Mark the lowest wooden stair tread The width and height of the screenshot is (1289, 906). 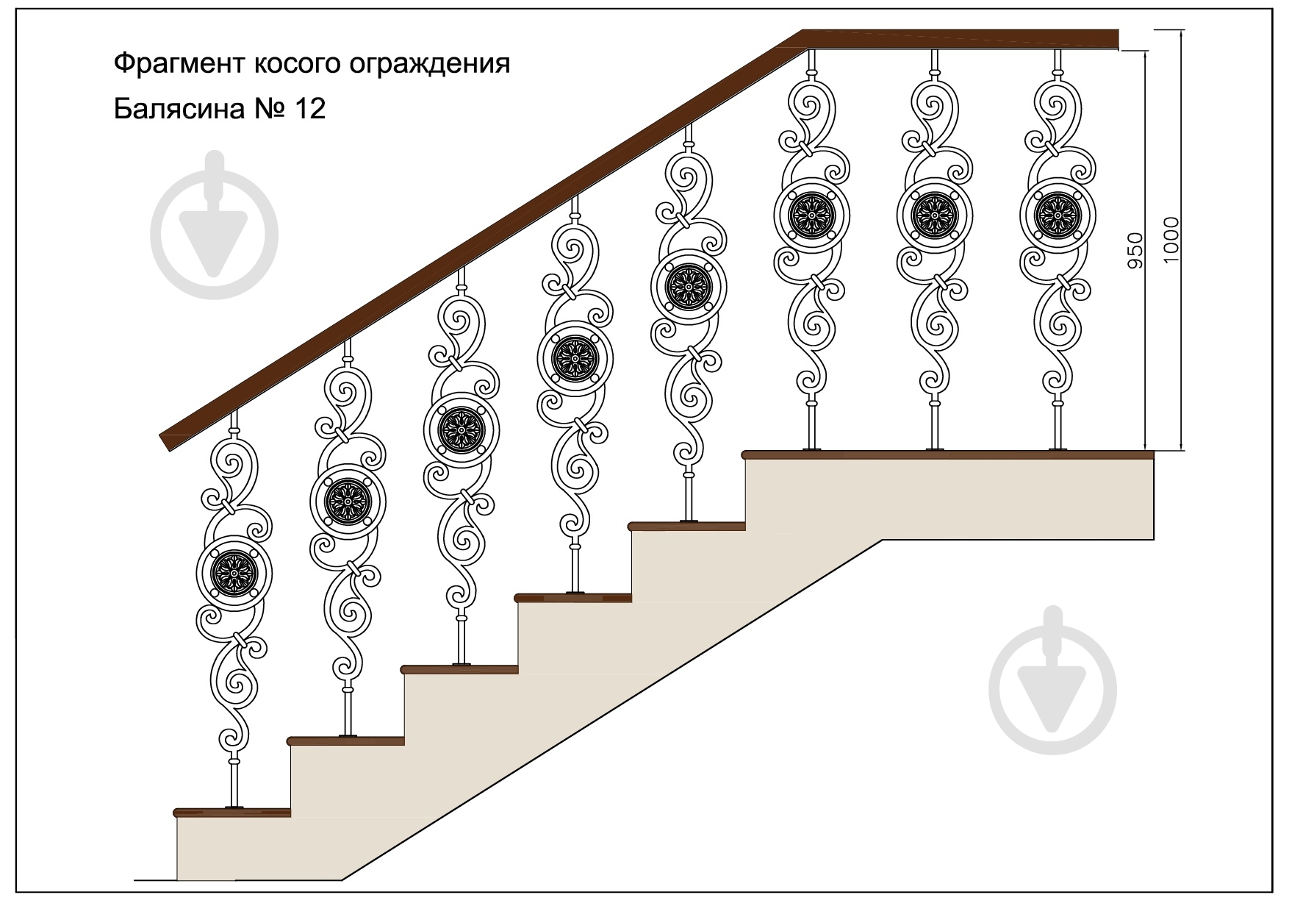[x=232, y=812]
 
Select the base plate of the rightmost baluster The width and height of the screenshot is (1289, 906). [x=1058, y=449]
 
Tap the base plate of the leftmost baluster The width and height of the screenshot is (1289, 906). [x=234, y=807]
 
